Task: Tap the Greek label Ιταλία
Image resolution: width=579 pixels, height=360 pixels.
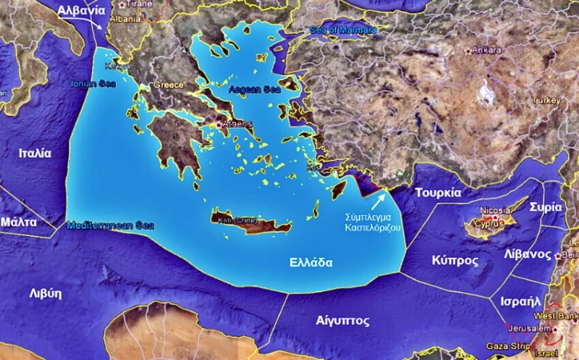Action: click(x=35, y=154)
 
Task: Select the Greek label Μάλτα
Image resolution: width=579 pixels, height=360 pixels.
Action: click(x=19, y=222)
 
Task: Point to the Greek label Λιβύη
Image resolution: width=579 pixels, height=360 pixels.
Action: click(x=45, y=293)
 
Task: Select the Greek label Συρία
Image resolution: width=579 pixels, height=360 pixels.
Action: click(x=546, y=206)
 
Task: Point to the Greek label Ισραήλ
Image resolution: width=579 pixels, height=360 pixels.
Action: click(x=520, y=301)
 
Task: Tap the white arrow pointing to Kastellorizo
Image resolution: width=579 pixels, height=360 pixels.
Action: click(x=379, y=199)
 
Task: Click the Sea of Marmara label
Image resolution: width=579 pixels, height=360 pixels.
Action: click(x=343, y=30)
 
